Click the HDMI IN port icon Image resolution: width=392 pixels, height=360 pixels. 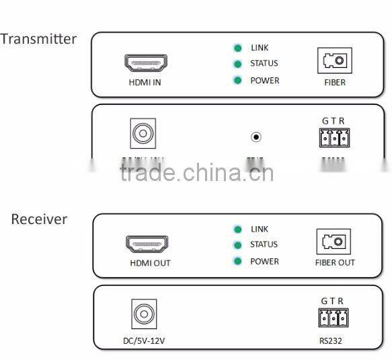pyautogui.click(x=146, y=63)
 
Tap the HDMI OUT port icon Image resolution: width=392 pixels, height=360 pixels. pyautogui.click(x=147, y=244)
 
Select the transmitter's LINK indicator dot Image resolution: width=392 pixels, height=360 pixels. pyautogui.click(x=237, y=48)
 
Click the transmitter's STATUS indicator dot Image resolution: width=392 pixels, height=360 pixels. pyautogui.click(x=237, y=64)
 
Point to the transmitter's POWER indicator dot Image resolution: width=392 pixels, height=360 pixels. pyautogui.click(x=237, y=81)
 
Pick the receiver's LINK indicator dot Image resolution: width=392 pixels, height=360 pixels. pyautogui.click(x=237, y=229)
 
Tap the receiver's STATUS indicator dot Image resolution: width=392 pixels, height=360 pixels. pyautogui.click(x=237, y=245)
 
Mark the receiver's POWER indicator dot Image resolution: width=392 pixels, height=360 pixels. pyautogui.click(x=237, y=261)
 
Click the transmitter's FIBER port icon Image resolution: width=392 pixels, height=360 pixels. pyautogui.click(x=334, y=62)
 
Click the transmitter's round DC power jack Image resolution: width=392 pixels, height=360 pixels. pyautogui.click(x=143, y=133)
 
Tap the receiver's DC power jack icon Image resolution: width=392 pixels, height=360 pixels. pyautogui.click(x=143, y=314)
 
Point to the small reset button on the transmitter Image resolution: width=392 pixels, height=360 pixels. pyautogui.click(x=256, y=137)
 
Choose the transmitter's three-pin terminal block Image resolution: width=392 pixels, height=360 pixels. pyautogui.click(x=334, y=137)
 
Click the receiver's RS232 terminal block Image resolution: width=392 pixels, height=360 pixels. pyautogui.click(x=333, y=318)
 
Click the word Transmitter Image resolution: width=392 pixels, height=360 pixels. pyautogui.click(x=38, y=39)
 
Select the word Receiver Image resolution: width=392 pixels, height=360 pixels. pyautogui.click(x=39, y=219)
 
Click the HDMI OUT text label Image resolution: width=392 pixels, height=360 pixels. pyautogui.click(x=150, y=263)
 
